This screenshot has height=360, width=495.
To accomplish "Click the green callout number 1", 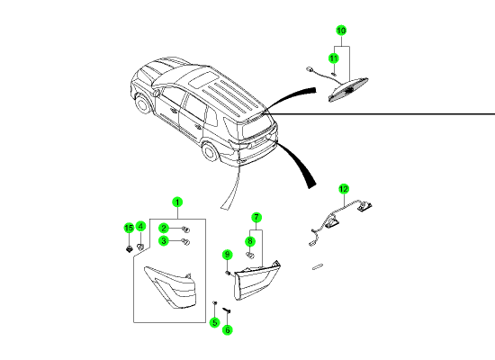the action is click(x=177, y=202).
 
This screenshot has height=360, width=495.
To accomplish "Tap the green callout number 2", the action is click(x=164, y=228).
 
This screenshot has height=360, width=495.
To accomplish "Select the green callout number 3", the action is click(x=164, y=241).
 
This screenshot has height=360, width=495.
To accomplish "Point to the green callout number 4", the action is click(x=140, y=227).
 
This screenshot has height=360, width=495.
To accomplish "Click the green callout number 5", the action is click(x=215, y=322).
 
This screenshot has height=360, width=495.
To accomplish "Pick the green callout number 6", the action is click(x=228, y=330).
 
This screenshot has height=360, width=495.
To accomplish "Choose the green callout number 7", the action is click(x=256, y=217).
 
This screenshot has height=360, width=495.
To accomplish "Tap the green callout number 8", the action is click(x=250, y=241).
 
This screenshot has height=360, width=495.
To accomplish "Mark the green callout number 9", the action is click(x=228, y=255).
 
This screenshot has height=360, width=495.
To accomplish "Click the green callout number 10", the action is click(x=341, y=31).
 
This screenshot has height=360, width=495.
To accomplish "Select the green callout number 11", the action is click(x=334, y=58).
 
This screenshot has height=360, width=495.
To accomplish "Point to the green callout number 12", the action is click(x=344, y=189).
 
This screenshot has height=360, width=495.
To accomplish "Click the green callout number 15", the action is click(x=129, y=228).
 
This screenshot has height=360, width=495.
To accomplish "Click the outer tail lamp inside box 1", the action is click(x=170, y=287).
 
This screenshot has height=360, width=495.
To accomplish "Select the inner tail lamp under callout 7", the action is click(x=256, y=281).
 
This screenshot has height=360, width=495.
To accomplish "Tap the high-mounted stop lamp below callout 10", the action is click(x=348, y=90).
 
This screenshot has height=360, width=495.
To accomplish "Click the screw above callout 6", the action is click(x=227, y=310).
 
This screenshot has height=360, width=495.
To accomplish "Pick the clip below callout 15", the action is click(x=129, y=248).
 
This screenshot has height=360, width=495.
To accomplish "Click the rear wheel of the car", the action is click(x=210, y=151).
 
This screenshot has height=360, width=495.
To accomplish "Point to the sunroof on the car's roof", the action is click(x=202, y=79).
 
